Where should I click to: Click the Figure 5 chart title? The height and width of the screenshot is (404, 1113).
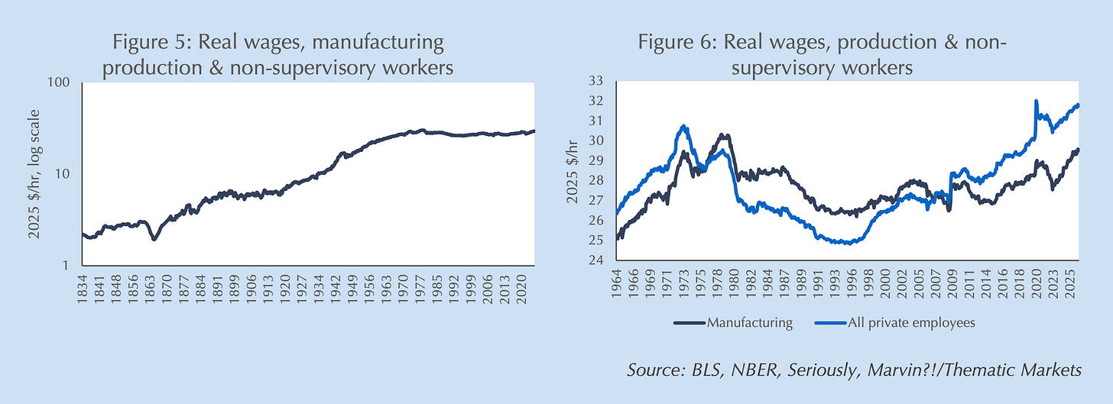[277, 53]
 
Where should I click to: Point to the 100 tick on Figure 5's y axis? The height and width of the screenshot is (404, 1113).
[63, 82]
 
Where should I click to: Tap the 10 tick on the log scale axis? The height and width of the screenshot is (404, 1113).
[67, 174]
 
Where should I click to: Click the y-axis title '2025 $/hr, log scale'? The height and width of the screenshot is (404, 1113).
[34, 174]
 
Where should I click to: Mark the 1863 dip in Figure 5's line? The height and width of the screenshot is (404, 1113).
[154, 238]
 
